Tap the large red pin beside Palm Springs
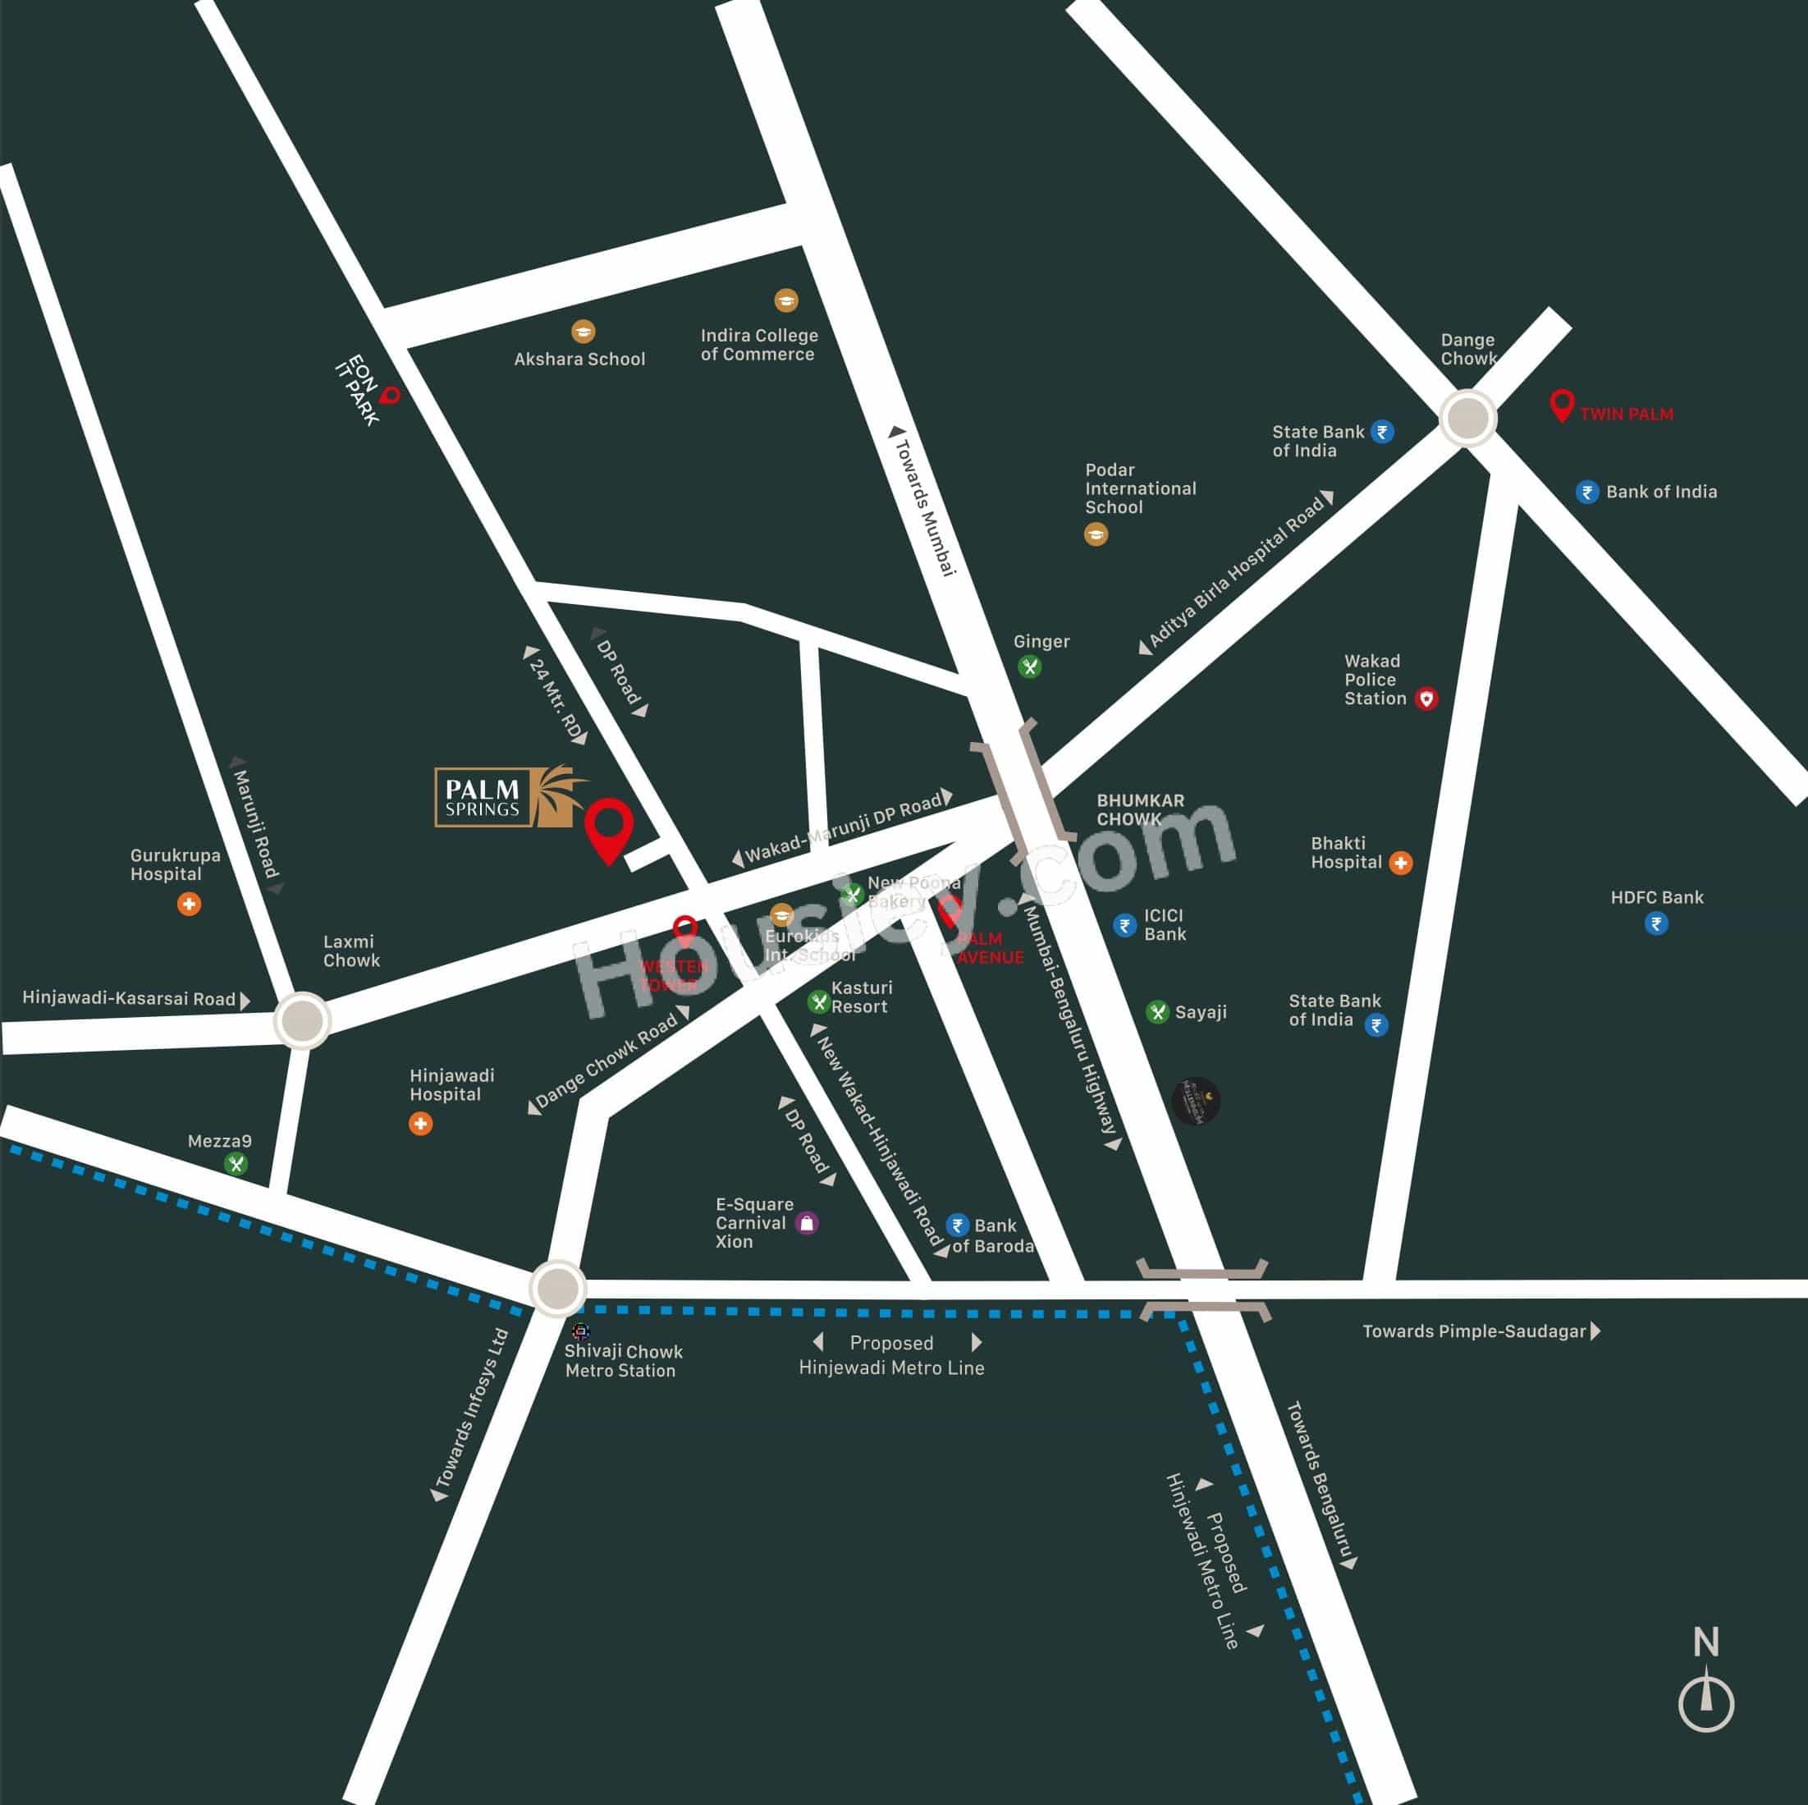(609, 827)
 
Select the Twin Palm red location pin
(1561, 405)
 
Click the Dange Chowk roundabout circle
(1467, 418)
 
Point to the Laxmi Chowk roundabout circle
(302, 1020)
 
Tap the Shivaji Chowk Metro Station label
(622, 1360)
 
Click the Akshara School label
(579, 359)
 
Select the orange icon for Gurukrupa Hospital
(189, 904)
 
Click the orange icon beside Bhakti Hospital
(1400, 862)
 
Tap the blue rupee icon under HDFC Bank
(1655, 924)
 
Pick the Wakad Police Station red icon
(1426, 699)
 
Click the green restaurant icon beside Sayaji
(1158, 1011)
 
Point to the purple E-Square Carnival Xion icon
(807, 1223)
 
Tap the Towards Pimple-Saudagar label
(1474, 1331)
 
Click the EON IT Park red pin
(390, 396)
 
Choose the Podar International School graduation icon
(1096, 534)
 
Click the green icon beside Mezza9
(236, 1164)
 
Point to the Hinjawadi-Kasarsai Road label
(129, 998)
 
